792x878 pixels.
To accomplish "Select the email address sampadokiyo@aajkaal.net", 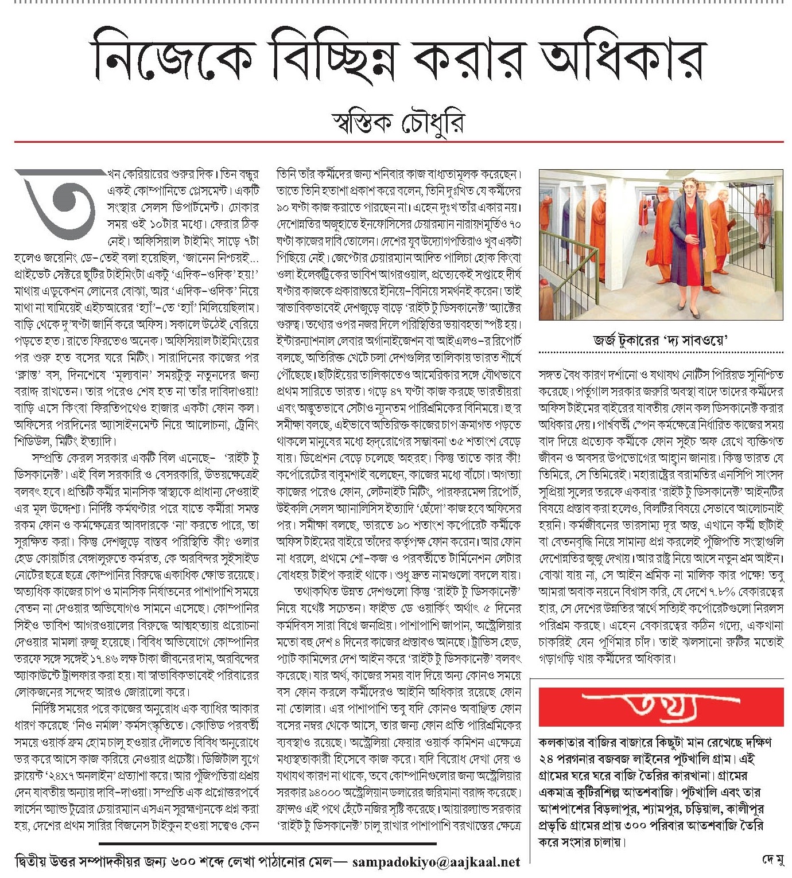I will click(436, 862).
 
